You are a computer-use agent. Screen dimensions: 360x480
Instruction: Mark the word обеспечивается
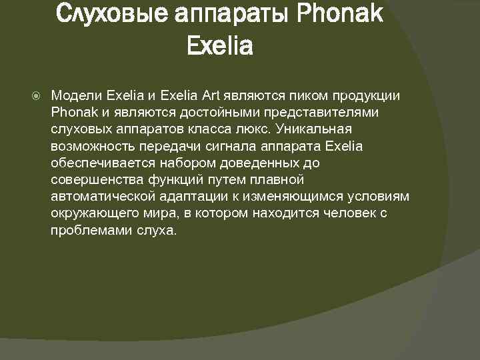[103, 163]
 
